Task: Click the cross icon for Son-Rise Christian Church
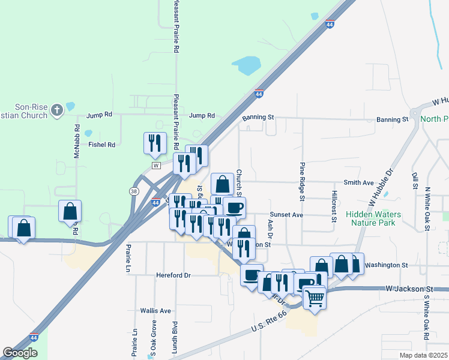click(56, 109)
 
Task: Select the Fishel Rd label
click(101, 145)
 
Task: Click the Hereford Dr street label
click(173, 275)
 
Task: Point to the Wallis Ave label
click(157, 311)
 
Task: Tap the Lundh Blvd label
click(175, 335)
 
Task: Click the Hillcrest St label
click(334, 206)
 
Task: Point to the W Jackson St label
click(409, 289)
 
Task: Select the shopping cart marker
click(315, 297)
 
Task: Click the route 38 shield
click(133, 190)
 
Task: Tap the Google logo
click(20, 353)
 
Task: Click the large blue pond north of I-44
click(246, 65)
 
